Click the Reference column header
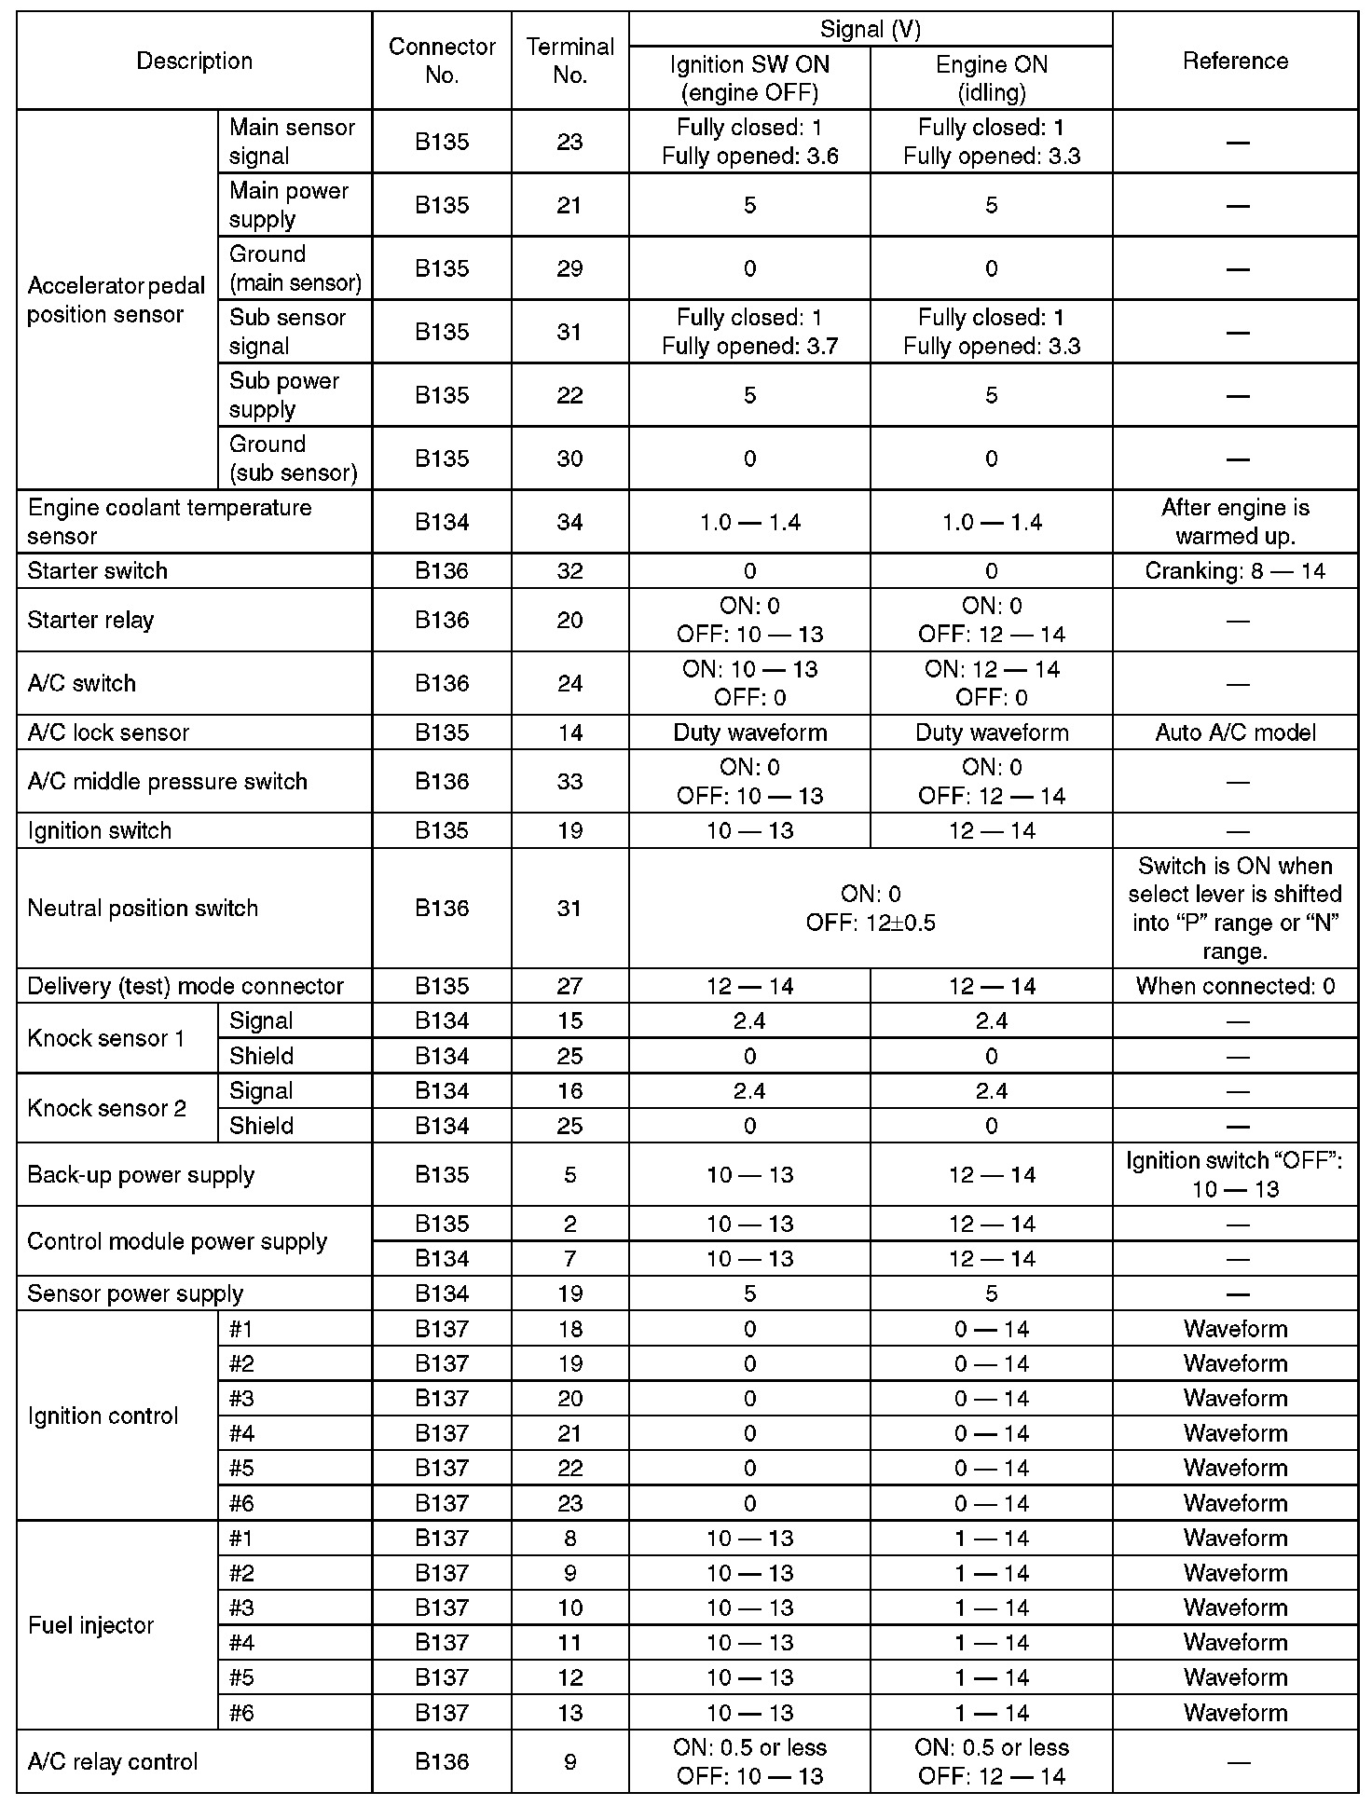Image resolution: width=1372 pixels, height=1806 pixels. pos(1235,62)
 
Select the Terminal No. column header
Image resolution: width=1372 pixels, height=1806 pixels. pos(569,62)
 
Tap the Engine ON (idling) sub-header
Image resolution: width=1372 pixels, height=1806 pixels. pos(991,78)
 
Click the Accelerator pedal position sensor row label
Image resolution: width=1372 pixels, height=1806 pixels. pos(117,300)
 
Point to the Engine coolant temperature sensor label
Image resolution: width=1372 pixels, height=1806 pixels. pos(170,522)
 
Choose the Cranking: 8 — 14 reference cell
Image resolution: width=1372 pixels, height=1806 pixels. pos(1235,571)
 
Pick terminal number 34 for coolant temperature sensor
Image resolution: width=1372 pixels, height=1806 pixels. pos(569,522)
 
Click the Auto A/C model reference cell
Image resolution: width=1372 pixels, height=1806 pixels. pos(1235,732)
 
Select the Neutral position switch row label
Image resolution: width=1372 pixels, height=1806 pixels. pos(143,909)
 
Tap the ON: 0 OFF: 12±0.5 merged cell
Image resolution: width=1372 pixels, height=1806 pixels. pos(871,909)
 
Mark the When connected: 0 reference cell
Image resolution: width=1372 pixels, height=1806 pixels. pos(1235,986)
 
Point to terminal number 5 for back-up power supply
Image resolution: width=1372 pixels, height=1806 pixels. pos(569,1175)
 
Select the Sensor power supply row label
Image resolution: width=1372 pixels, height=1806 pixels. pos(135,1293)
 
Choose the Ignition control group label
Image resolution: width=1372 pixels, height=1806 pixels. pos(103,1416)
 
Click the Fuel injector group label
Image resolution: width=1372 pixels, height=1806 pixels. pos(90,1625)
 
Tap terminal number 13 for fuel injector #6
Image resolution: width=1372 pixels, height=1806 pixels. pos(569,1713)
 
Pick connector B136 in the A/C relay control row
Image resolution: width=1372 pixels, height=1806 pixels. pos(442,1762)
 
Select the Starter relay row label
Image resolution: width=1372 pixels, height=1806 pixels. pos(90,621)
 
